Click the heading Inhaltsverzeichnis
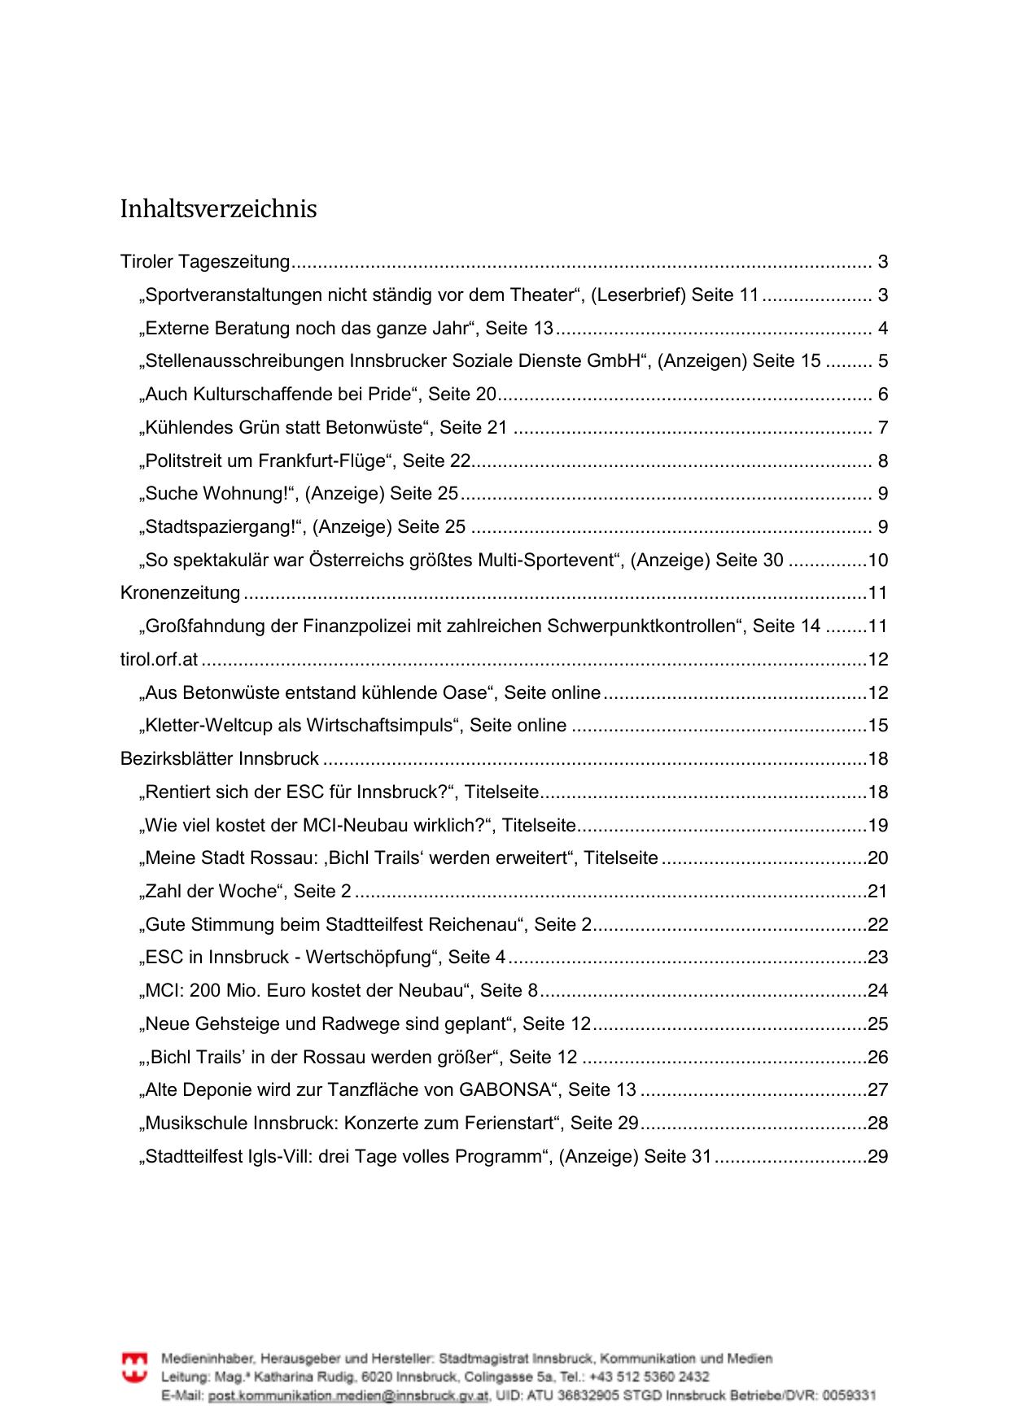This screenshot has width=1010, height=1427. (218, 209)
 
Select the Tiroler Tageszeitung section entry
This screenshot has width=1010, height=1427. (205, 262)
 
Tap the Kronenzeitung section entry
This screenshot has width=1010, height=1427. (180, 593)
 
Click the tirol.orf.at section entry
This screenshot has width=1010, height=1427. (159, 660)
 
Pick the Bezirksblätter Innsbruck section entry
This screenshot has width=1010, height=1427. (219, 759)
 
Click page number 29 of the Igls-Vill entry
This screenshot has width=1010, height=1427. (877, 1157)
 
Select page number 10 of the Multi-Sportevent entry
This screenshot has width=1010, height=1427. (877, 561)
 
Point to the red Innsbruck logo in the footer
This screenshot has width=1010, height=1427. (135, 1368)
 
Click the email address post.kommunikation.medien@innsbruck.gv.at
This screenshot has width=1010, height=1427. (348, 1396)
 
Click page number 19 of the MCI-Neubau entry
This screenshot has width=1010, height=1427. (877, 826)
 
